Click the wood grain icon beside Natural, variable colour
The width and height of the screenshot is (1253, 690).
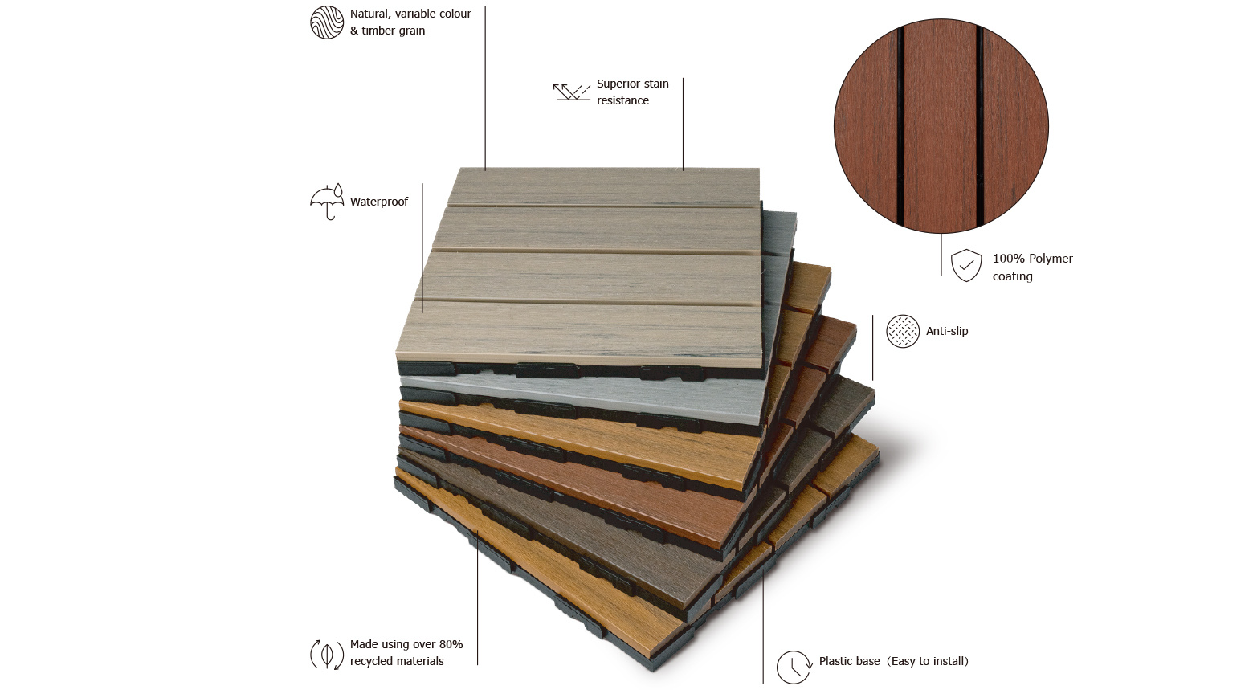pos(327,22)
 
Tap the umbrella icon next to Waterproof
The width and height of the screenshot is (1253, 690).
pos(327,202)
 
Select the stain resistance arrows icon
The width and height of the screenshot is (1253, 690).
pos(572,92)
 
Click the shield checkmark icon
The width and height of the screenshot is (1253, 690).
pos(966,265)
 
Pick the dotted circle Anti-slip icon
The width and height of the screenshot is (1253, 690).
pos(903,331)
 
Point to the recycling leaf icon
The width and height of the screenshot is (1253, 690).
pos(327,654)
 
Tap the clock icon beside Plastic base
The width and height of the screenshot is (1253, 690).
pos(794,667)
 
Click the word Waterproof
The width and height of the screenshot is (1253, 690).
pos(379,202)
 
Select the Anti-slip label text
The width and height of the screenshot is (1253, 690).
pos(947,331)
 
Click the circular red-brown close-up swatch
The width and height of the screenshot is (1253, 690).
pos(941,126)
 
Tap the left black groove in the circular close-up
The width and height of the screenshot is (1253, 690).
pos(900,126)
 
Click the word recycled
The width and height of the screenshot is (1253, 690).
pos(373,661)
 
